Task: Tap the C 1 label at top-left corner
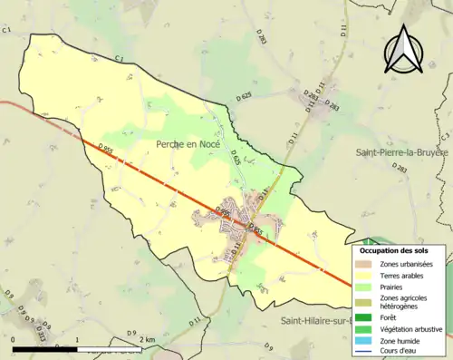(6, 30)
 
